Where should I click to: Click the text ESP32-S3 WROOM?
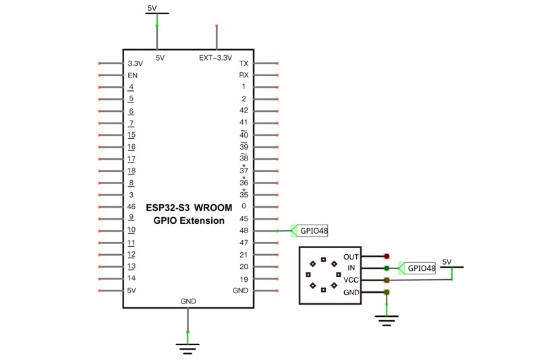[189, 208]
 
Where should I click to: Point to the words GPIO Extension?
[189, 220]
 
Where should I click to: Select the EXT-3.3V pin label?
[215, 58]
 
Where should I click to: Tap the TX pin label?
[244, 63]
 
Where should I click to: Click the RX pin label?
[244, 76]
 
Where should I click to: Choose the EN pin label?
[132, 76]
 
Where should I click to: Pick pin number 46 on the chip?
[132, 206]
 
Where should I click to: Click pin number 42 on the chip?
[244, 111]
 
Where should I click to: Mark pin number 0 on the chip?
[244, 206]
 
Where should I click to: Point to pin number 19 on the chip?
[244, 279]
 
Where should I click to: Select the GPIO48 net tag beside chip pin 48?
[309, 231]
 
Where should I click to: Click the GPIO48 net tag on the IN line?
[417, 268]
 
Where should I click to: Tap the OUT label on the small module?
[351, 257]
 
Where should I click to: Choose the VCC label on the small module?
[351, 280]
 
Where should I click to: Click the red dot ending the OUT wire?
[387, 256]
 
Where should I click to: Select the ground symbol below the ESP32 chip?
[188, 349]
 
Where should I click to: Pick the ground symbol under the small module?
[387, 320]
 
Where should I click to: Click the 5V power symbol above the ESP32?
[157, 13]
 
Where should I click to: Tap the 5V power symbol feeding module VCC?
[452, 267]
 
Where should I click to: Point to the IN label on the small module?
[352, 268]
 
